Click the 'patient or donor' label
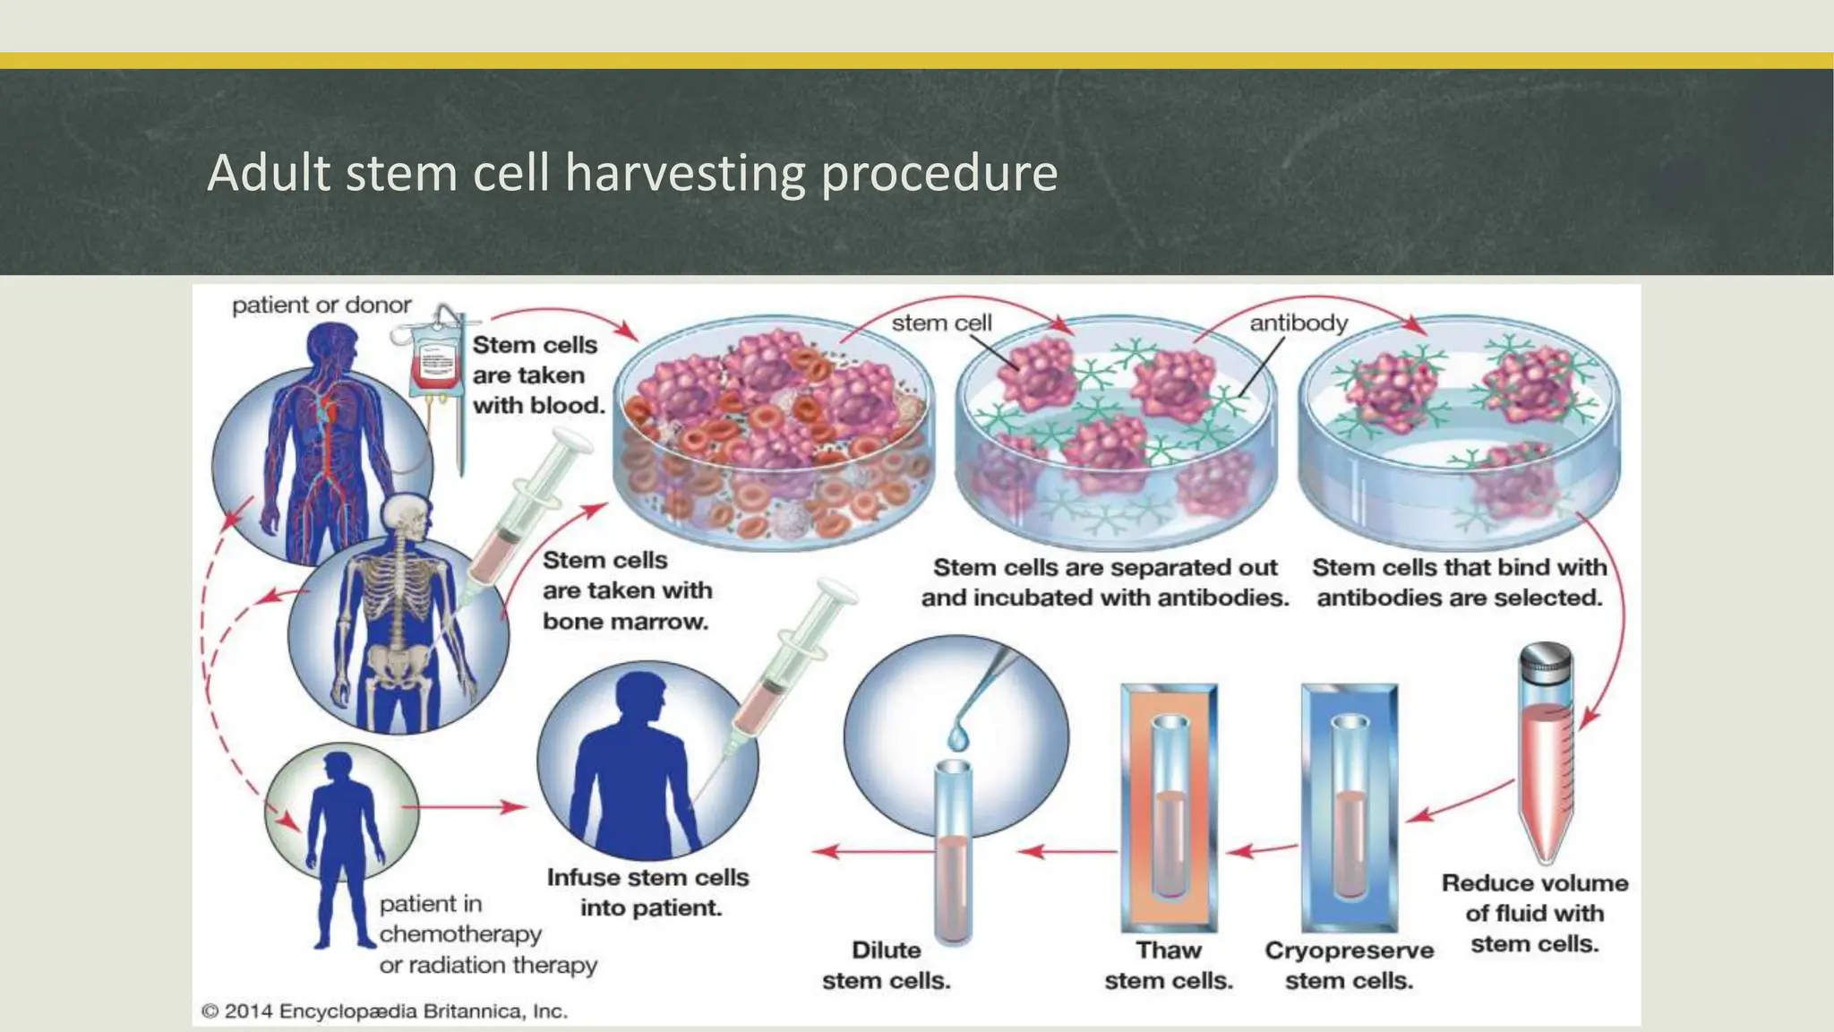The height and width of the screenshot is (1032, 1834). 321,305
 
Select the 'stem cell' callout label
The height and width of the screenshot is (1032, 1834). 941,322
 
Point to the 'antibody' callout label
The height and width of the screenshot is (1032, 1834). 1298,322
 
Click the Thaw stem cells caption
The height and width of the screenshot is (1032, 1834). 1169,965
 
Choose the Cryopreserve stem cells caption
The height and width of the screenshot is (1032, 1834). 1349,965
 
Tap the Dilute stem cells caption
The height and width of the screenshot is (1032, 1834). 886,965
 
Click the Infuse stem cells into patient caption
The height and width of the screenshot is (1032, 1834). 648,892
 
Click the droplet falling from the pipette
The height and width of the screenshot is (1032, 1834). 958,737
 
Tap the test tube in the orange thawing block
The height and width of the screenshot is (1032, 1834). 1169,806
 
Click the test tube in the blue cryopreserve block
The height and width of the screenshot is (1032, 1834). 1349,806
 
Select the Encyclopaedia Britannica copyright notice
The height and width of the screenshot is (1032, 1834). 385,1011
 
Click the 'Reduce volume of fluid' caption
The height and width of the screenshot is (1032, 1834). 1534,913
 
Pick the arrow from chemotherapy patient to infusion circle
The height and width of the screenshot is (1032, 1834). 466,807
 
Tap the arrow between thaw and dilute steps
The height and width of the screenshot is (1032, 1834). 1066,850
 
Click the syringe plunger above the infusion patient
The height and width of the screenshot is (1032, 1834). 833,600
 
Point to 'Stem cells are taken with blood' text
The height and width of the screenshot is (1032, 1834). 538,375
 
